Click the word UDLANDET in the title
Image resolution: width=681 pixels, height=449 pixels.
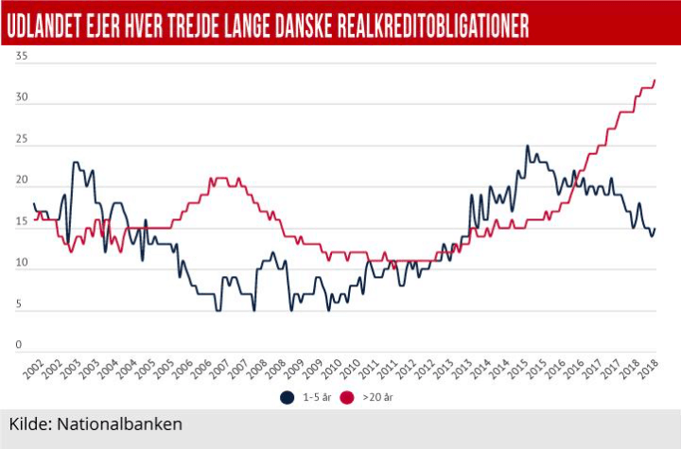click(x=47, y=26)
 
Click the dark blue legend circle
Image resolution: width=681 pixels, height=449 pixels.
click(x=287, y=397)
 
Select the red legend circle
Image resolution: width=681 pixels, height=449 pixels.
click(x=347, y=397)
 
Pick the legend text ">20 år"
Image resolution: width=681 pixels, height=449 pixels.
click(x=377, y=398)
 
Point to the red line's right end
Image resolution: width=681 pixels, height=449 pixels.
click(x=655, y=80)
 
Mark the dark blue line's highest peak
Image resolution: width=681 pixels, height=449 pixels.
click(x=527, y=146)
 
